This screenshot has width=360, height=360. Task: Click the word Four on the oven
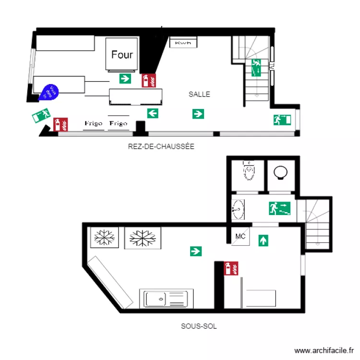point(122,54)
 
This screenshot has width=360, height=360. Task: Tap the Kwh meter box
point(183,43)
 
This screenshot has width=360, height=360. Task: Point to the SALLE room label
point(199,95)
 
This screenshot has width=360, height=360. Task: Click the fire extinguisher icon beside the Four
point(149,80)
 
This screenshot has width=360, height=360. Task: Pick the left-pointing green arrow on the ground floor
point(153,113)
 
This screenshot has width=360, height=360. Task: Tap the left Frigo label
point(94,124)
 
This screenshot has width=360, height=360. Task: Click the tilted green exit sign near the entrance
point(41,116)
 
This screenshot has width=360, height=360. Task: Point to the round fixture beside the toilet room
point(280,172)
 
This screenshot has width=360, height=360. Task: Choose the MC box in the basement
point(240,237)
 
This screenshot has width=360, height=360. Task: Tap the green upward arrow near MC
point(263,240)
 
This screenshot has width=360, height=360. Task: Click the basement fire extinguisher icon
point(231,268)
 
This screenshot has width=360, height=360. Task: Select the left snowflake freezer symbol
point(103,237)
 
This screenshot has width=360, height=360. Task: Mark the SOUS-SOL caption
point(199,326)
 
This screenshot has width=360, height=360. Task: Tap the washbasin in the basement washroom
point(238,209)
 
